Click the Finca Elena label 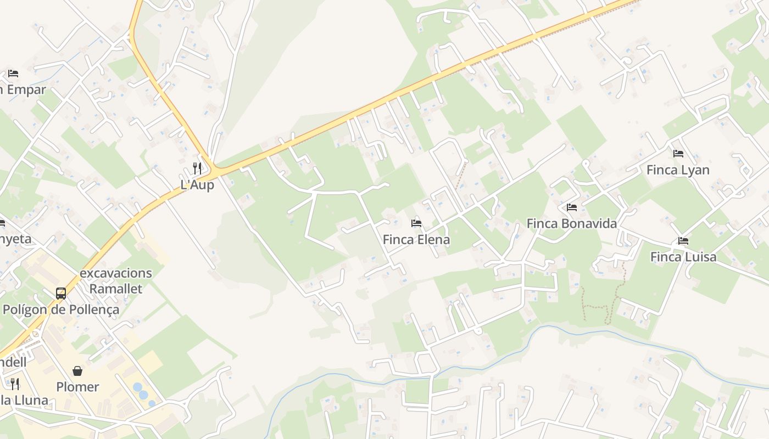[416, 240]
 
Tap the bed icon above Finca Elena [416, 223]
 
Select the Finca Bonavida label [571, 223]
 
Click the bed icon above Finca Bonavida [572, 207]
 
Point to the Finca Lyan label [678, 170]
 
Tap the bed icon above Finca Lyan [678, 154]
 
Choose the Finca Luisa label [683, 257]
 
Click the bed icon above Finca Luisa [683, 240]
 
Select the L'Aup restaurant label [197, 185]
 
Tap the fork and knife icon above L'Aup [197, 168]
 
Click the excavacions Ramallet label [116, 281]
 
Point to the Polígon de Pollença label [60, 309]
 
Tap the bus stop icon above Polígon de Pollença [61, 294]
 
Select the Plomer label [77, 387]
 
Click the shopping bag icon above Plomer [77, 371]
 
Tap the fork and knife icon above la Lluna [15, 384]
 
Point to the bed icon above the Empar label [13, 73]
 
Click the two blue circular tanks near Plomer [141, 391]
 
